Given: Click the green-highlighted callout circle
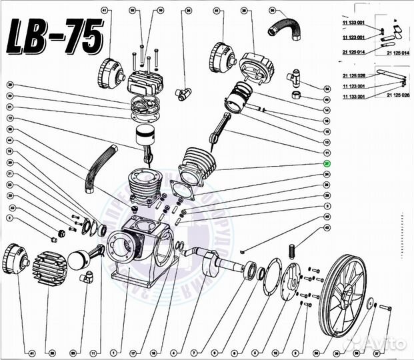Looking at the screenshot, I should pyautogui.click(x=327, y=163).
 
